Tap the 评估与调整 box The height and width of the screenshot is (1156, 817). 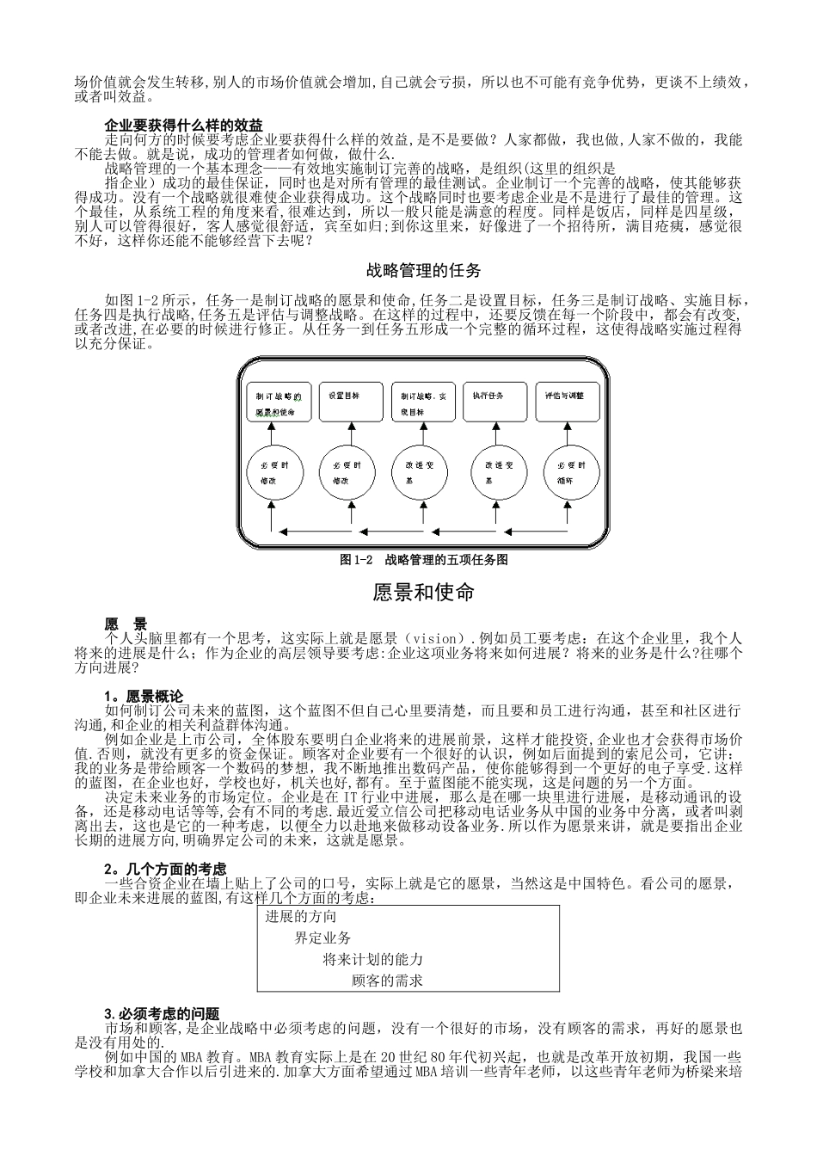[565, 403]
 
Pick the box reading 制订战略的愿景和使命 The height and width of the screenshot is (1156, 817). [275, 403]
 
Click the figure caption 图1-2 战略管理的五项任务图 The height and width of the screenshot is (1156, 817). [425, 560]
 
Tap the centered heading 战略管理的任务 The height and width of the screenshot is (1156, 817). [424, 271]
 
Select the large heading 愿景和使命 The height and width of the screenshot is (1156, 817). [424, 593]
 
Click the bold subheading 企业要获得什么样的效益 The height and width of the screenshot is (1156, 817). [183, 126]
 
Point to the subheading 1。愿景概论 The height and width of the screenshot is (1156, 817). [144, 695]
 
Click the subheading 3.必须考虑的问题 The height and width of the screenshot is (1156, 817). [162, 1014]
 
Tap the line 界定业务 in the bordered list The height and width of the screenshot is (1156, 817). [322, 938]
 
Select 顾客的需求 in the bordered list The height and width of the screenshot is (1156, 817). [387, 980]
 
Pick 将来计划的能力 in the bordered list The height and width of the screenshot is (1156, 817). [372, 959]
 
